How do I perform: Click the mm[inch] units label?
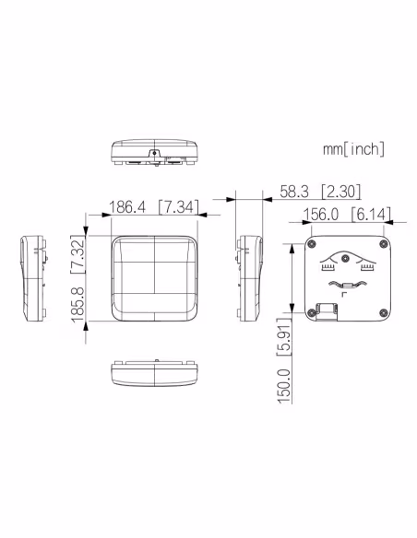coord(353,148)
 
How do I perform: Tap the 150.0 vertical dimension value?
coord(284,384)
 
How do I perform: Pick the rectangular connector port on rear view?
coord(326,312)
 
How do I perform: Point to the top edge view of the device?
coord(155,152)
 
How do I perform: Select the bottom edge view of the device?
coord(155,373)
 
